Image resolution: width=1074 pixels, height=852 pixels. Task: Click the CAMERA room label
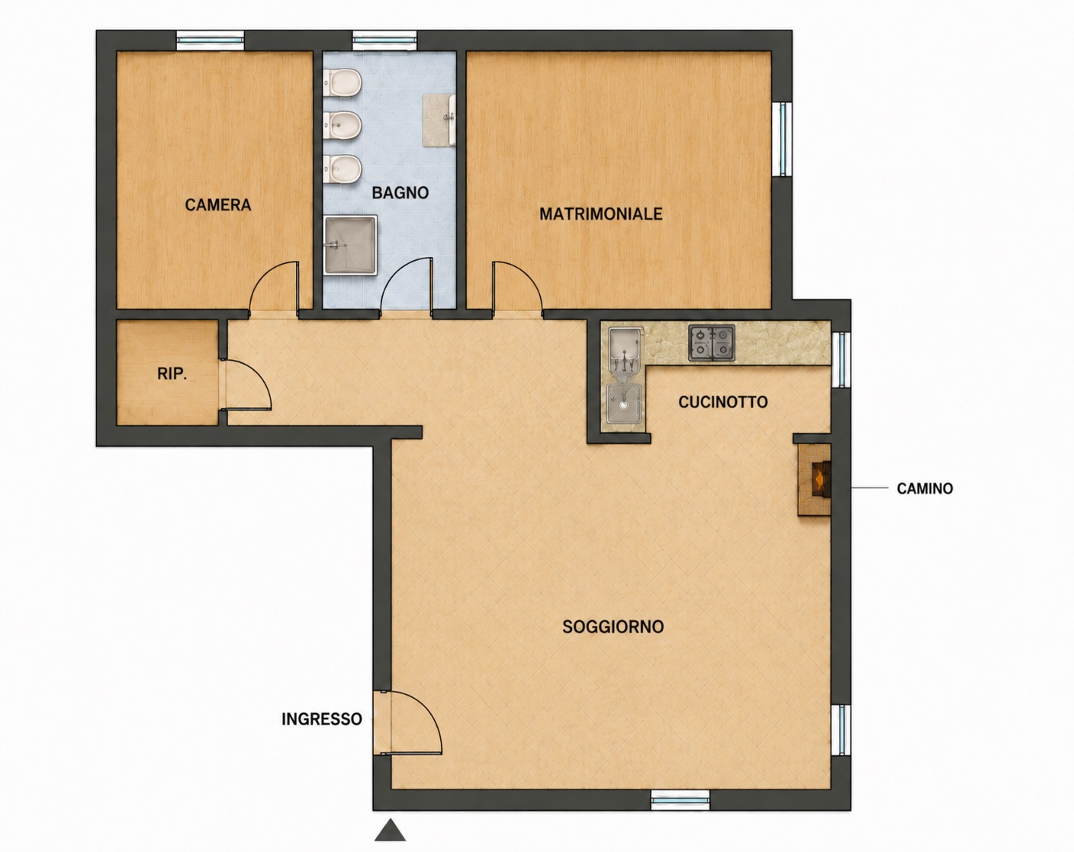point(217,204)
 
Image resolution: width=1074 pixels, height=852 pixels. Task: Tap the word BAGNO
point(400,193)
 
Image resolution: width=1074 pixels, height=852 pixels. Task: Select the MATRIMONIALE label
point(601,214)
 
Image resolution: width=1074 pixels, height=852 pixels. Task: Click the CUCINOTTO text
point(723,402)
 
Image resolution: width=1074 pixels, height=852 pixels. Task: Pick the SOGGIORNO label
point(613,627)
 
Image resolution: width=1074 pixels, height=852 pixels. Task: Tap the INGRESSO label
point(322,719)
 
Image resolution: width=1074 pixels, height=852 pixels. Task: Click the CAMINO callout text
point(924,489)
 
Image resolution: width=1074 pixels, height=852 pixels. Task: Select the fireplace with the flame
point(815,479)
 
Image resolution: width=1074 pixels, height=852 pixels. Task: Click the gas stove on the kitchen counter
point(712,342)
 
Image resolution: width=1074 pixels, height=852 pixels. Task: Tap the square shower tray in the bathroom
point(350,245)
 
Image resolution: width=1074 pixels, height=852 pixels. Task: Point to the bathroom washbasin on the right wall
point(439,121)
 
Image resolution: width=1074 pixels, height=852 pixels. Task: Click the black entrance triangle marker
point(391,830)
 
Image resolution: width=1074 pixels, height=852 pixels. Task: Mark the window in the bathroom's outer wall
point(384,40)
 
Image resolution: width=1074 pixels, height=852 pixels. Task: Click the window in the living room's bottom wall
point(680,799)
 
